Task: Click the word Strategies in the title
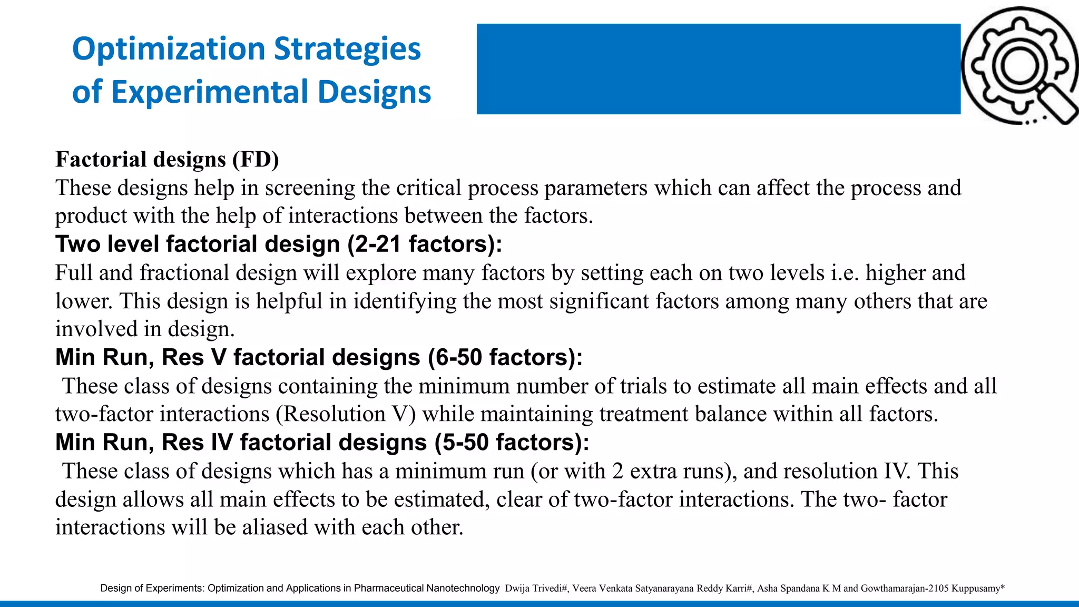pyautogui.click(x=347, y=49)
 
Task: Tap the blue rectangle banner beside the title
pyautogui.click(x=718, y=69)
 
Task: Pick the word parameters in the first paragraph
pyautogui.click(x=596, y=188)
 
